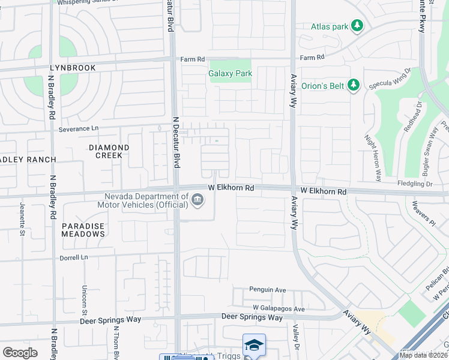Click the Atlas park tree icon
tap(357, 26)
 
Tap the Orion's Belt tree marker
tap(354, 85)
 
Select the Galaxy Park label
tap(230, 73)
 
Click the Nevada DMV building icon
tap(197, 200)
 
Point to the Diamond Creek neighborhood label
tap(109, 151)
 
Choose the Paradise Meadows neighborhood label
tap(83, 230)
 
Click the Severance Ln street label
tap(78, 129)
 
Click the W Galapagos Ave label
tap(279, 309)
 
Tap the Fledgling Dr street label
tap(414, 184)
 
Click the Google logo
tap(20, 353)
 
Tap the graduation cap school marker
tap(254, 346)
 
